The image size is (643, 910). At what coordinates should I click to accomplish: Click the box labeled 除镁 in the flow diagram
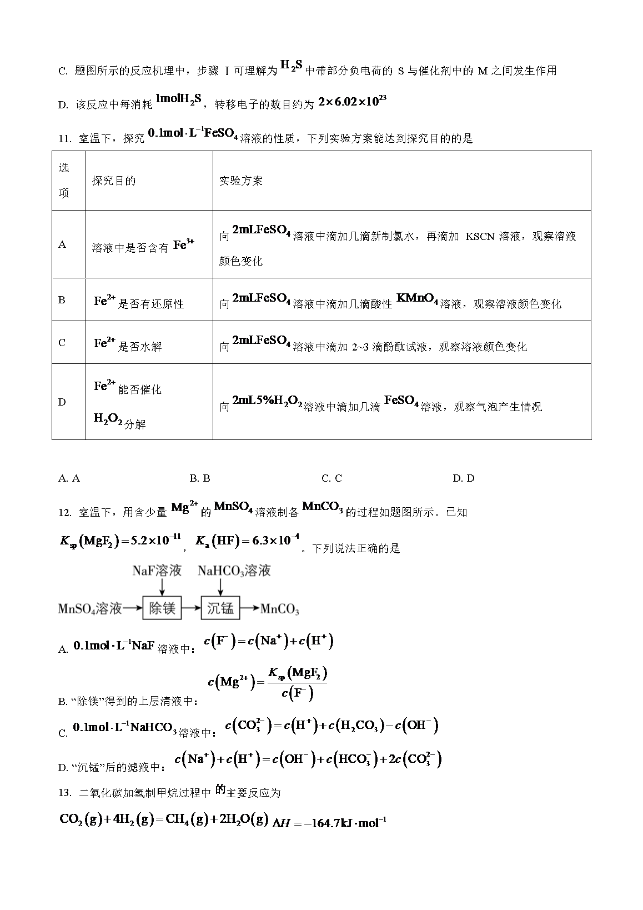click(162, 608)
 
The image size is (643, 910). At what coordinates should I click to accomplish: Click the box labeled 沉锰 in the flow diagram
click(220, 608)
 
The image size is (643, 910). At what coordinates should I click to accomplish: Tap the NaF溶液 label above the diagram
click(157, 571)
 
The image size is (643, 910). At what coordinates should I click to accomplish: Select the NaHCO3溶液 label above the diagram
click(234, 571)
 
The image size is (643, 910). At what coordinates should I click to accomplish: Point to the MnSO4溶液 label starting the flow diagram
click(90, 609)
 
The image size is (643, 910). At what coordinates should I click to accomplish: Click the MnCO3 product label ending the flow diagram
click(280, 609)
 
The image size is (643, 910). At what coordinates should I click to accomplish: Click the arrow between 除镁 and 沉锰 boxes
click(192, 608)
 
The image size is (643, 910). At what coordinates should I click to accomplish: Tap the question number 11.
click(64, 139)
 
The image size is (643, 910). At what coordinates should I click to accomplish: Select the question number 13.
click(64, 793)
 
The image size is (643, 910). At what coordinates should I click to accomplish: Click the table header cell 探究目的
click(114, 181)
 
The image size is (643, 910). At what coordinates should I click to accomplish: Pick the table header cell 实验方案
click(241, 181)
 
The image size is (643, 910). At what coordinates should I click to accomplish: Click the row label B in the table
click(62, 300)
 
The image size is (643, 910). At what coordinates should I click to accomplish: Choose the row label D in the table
click(62, 402)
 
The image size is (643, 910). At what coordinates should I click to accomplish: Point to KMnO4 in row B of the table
click(417, 300)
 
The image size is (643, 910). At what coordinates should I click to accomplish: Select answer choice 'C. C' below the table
click(331, 478)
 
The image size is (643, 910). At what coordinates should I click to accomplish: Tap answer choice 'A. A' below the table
click(69, 478)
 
